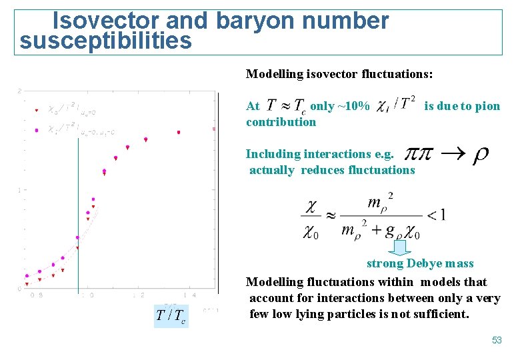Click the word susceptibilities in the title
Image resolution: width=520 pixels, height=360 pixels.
106,42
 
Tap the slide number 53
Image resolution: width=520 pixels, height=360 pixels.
497,341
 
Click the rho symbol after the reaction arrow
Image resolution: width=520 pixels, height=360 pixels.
480,156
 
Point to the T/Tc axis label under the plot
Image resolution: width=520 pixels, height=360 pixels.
170,315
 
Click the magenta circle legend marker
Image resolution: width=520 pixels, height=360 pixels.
37,130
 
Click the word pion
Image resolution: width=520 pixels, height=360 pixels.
487,106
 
